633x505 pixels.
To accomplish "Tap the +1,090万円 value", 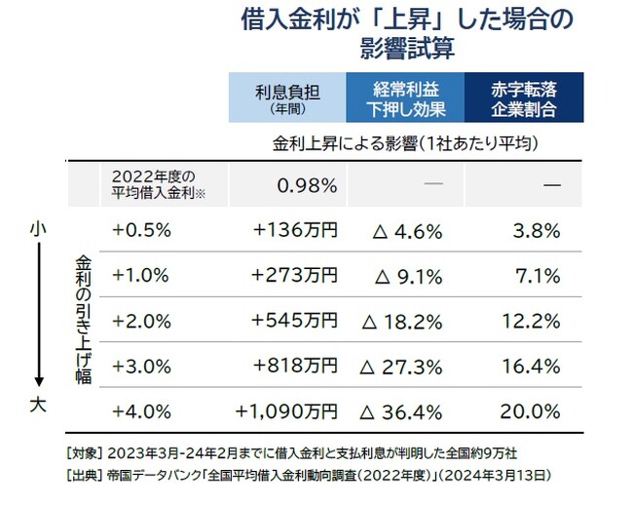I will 286,410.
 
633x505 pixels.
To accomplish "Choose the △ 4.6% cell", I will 408,232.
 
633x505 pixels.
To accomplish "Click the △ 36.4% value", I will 402,411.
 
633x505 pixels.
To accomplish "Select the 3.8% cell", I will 536,232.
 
